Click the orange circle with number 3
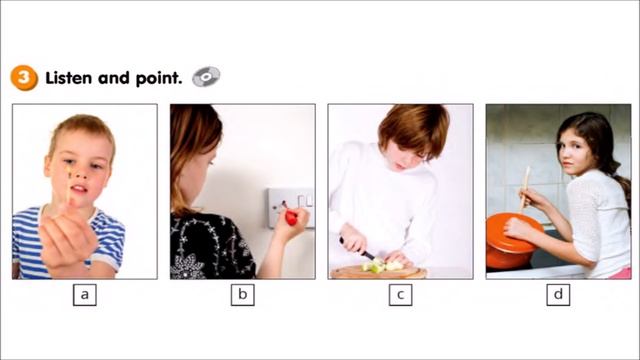24,78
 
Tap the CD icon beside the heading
206,77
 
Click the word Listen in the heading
69,78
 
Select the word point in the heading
159,78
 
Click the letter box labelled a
85,295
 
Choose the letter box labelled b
242,295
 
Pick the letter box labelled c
400,295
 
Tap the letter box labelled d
558,295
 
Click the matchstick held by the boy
68,184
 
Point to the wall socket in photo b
291,207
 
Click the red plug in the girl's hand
291,217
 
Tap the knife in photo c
358,249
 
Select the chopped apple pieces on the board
382,265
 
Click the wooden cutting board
378,273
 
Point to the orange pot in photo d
510,242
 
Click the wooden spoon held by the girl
524,189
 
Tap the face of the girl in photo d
576,152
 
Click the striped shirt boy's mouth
79,189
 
